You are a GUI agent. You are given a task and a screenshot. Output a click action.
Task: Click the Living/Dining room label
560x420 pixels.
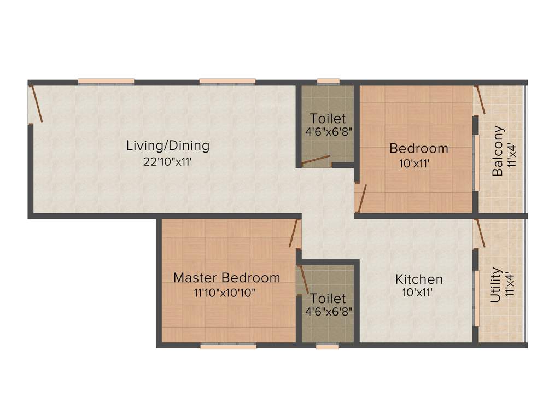point(167,146)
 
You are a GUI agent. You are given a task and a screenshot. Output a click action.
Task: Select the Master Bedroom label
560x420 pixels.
point(226,278)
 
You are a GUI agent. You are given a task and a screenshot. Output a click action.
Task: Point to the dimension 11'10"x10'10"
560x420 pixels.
point(225,293)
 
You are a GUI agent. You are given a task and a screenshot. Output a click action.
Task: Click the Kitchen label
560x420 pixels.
point(419,279)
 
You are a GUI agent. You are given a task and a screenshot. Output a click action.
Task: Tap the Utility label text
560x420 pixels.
point(495,285)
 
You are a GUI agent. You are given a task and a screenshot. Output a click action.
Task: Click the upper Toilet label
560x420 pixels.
point(328,119)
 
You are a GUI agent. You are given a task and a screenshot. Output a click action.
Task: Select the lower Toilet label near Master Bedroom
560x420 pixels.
point(328,299)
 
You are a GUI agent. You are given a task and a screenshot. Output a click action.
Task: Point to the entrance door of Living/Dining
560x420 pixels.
point(36,102)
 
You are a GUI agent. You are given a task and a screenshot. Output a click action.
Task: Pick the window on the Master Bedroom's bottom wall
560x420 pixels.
point(221,346)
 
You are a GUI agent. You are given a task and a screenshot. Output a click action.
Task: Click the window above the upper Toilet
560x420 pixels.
point(328,82)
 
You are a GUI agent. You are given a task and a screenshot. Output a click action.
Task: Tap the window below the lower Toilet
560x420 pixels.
point(328,346)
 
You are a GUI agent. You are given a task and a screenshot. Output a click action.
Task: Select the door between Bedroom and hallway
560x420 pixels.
point(360,198)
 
